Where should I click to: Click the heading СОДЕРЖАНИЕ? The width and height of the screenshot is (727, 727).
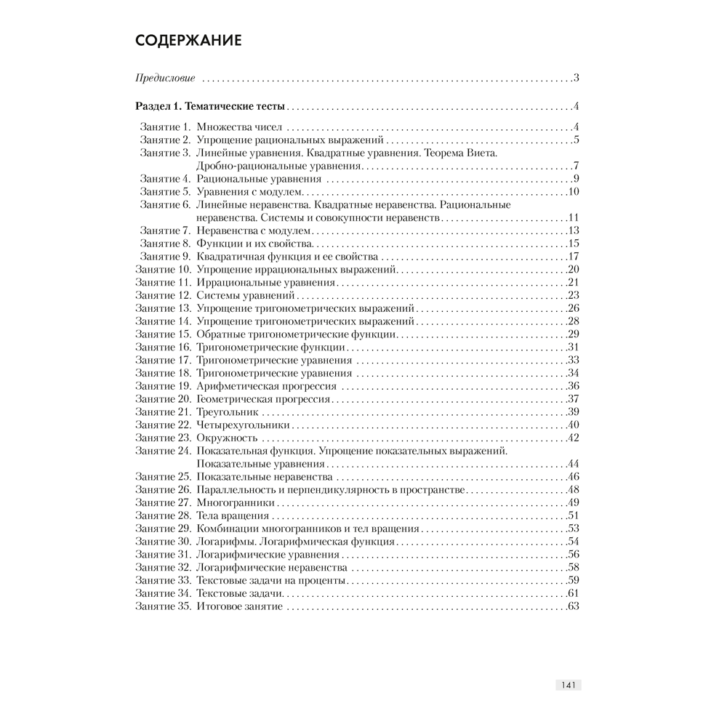point(188,40)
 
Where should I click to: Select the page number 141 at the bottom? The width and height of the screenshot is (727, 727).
point(569,685)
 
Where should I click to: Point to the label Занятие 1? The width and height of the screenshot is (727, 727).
point(165,127)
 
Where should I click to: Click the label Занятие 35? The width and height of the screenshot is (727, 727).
point(162,607)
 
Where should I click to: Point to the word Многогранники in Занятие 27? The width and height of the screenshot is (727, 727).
point(236,502)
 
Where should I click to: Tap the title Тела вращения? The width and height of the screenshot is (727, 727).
point(228,515)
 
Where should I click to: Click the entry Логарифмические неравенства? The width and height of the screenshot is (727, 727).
point(271,568)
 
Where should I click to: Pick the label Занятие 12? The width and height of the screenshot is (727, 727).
point(162,296)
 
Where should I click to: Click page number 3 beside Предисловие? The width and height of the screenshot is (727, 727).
point(575,78)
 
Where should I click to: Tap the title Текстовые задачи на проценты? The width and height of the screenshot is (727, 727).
point(270,581)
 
